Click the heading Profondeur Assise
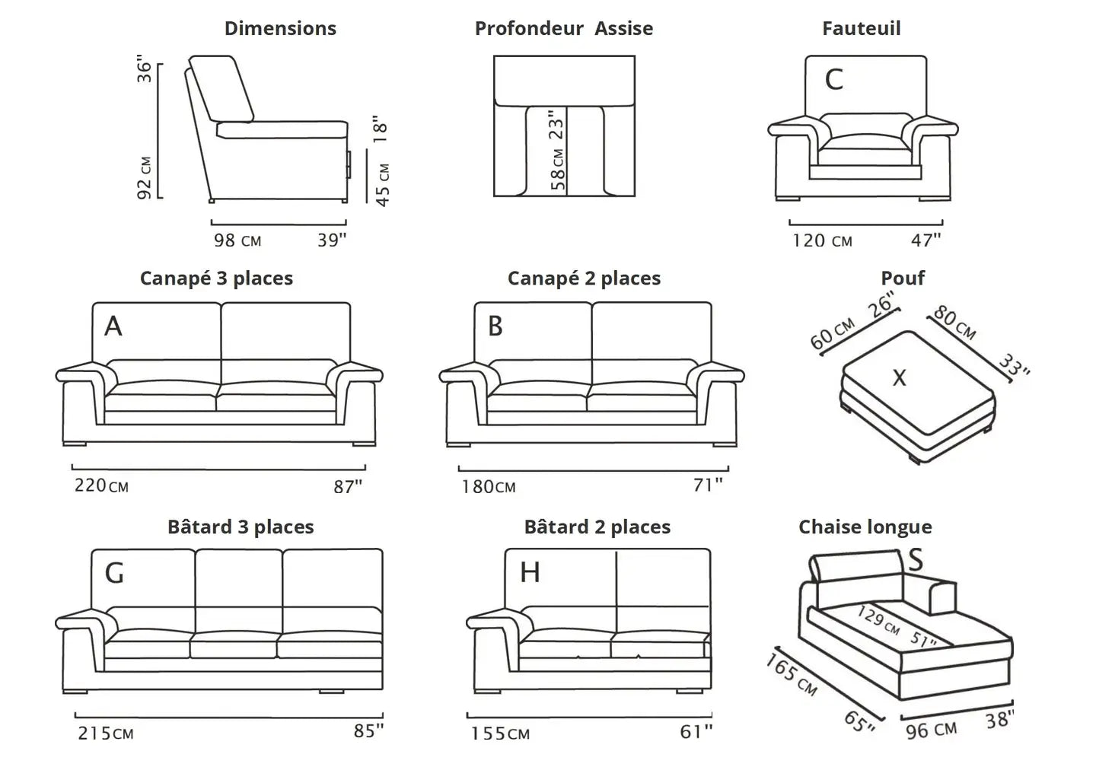click(x=564, y=29)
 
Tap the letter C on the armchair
click(x=834, y=79)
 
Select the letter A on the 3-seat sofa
click(x=113, y=326)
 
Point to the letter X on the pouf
click(x=900, y=377)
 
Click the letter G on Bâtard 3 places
click(x=114, y=573)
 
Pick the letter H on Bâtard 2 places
click(x=530, y=572)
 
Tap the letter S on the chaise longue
click(x=916, y=560)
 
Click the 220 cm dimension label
click(x=101, y=485)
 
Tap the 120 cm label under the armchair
click(x=822, y=241)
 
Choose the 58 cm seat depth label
click(x=558, y=169)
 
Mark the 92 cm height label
click(x=145, y=178)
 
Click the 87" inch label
click(x=348, y=487)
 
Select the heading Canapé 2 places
click(x=584, y=278)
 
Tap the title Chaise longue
click(x=865, y=527)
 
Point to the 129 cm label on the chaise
click(x=878, y=620)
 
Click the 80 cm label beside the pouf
click(x=954, y=323)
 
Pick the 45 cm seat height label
click(x=383, y=185)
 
